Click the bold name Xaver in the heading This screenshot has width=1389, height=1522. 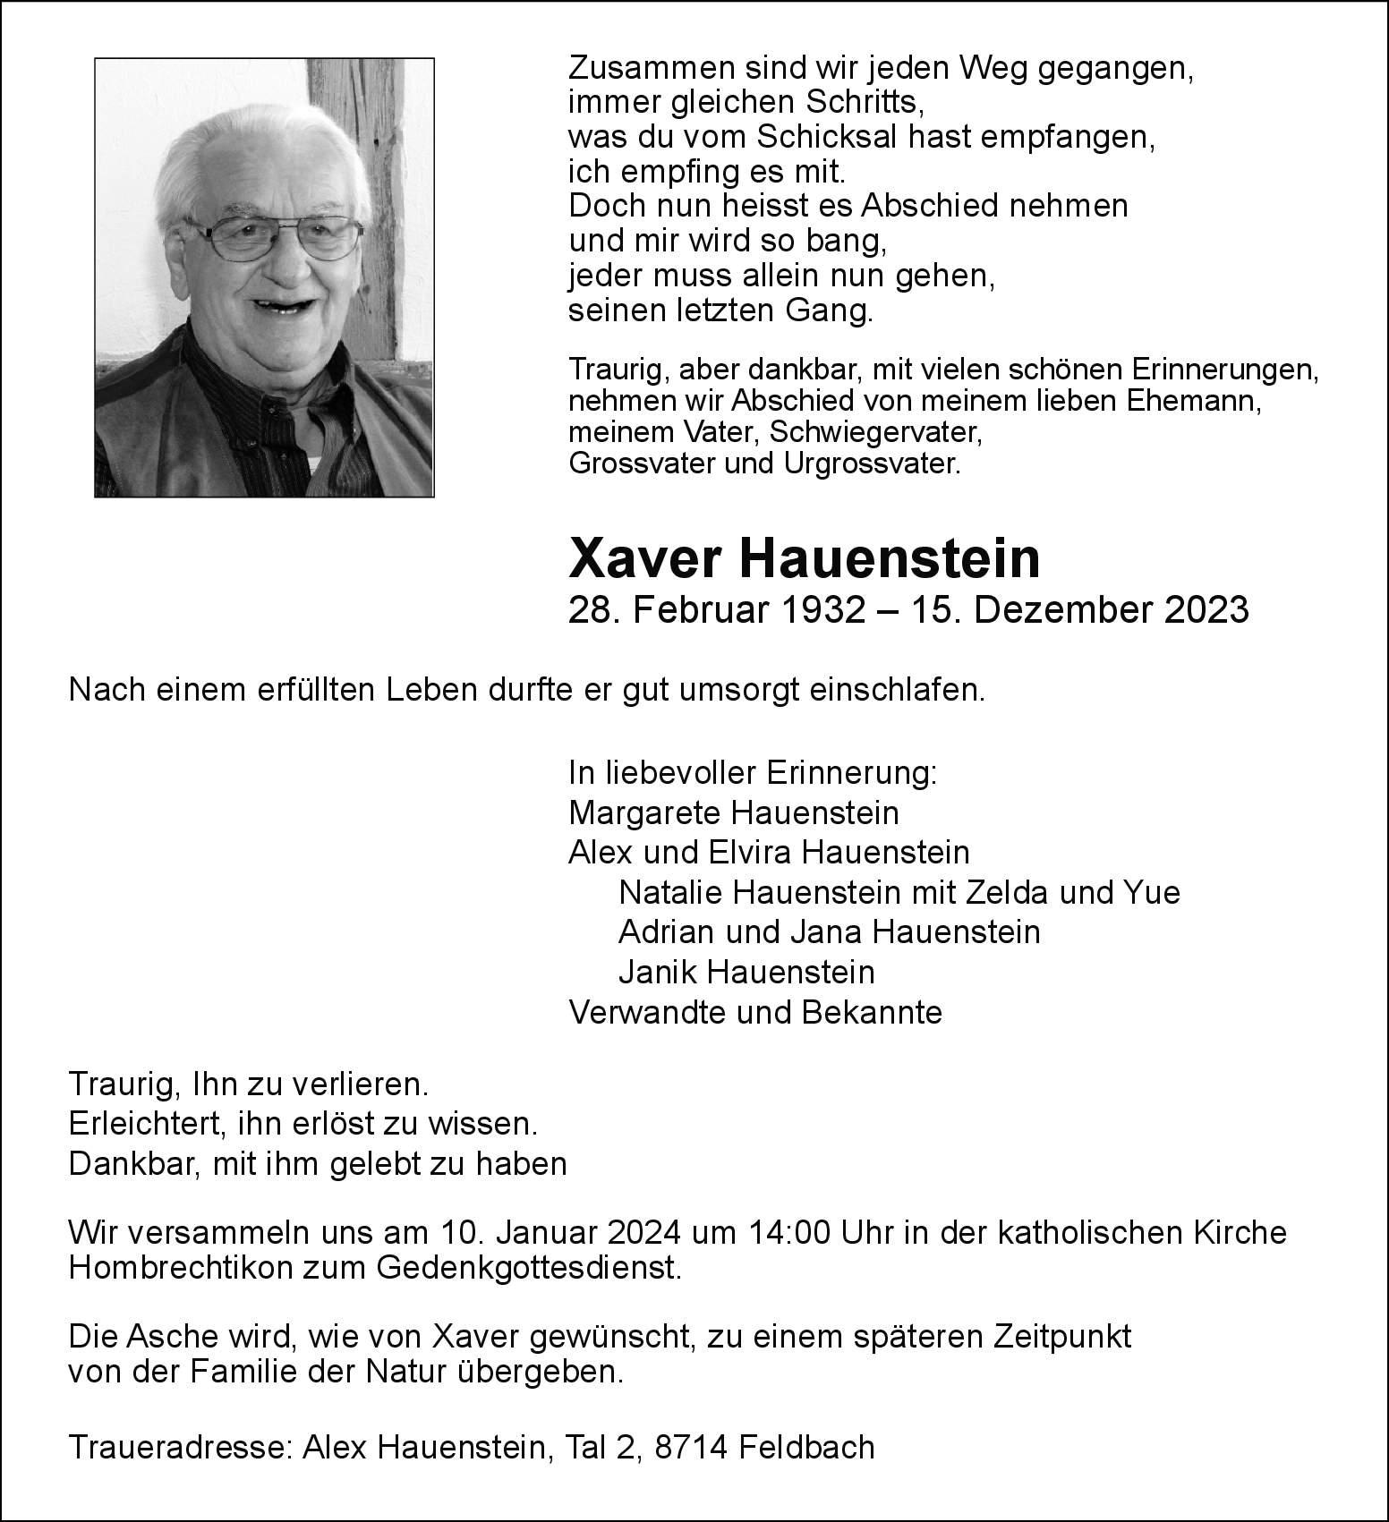(x=644, y=558)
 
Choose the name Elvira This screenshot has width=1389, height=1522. (x=749, y=852)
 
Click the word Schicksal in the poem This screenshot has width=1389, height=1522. (x=827, y=137)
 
